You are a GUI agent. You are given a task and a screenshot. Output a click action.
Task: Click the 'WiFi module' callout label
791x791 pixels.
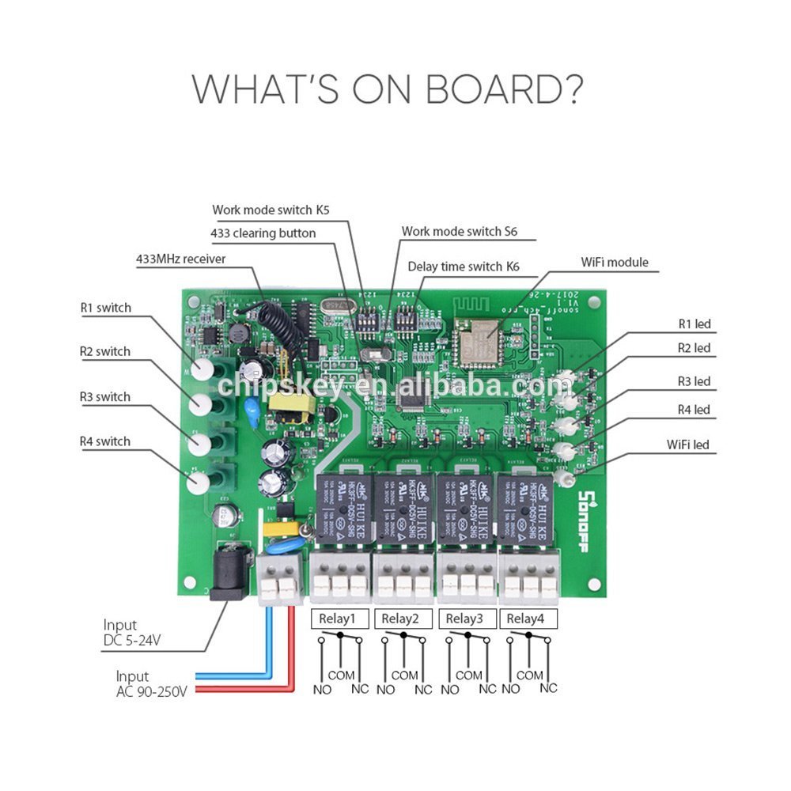pos(614,262)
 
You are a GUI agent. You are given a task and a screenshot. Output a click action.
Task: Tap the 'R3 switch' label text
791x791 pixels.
pos(105,396)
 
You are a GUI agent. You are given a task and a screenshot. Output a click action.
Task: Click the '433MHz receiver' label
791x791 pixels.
pos(181,259)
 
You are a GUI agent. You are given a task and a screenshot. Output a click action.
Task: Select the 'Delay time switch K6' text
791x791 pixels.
pos(464,267)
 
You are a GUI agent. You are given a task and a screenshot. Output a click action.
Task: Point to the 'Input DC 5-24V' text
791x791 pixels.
pos(131,633)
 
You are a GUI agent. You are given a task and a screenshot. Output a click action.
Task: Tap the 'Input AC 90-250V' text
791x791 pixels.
pos(151,684)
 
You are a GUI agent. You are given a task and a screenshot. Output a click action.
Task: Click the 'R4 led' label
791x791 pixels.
pos(694,409)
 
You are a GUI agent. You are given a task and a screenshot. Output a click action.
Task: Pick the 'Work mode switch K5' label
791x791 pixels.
pos(271,210)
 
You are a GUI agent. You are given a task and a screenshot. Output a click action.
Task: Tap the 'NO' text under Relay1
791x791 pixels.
pos(322,689)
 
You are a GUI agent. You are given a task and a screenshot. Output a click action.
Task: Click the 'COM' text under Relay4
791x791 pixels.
pos(529,676)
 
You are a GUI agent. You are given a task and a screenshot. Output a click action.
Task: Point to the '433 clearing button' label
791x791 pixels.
pos(263,233)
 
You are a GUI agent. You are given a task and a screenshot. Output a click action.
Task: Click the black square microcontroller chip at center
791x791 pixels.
pos(413,397)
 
